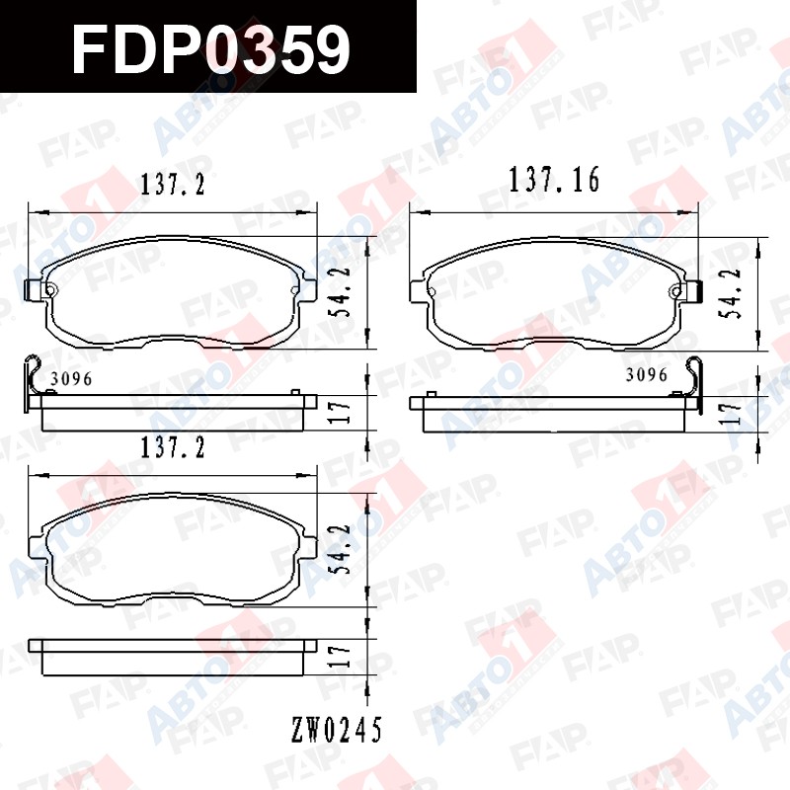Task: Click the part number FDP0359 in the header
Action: click(x=210, y=49)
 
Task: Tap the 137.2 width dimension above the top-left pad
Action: click(x=173, y=185)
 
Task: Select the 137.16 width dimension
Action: click(x=554, y=180)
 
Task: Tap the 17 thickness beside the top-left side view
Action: click(x=342, y=413)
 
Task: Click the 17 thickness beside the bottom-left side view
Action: click(x=342, y=656)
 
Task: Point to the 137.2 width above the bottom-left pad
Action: click(x=173, y=447)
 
